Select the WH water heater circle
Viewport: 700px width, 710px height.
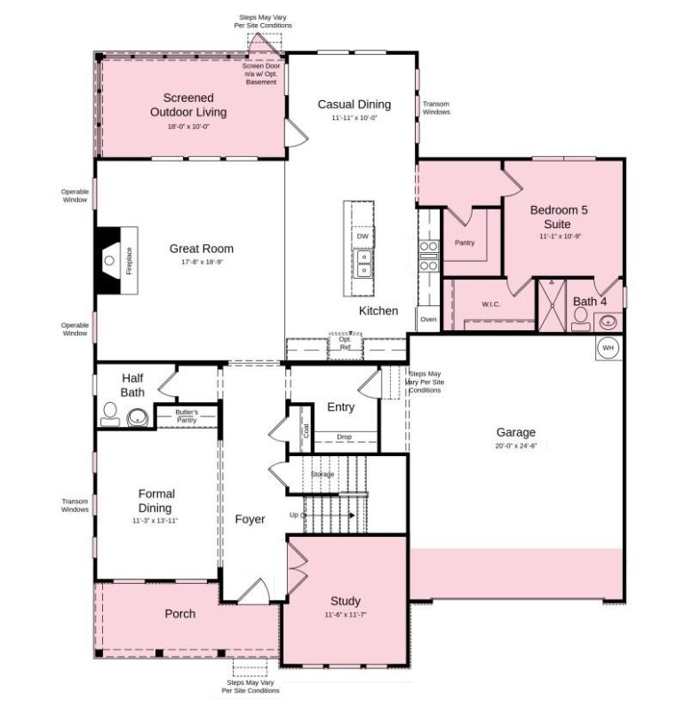[609, 347]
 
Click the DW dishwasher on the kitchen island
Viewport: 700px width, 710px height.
[361, 237]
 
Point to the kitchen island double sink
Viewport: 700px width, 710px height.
[362, 263]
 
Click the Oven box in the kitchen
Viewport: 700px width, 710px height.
[428, 319]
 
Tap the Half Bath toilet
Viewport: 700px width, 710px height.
[110, 414]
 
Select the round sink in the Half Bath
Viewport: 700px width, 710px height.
[138, 416]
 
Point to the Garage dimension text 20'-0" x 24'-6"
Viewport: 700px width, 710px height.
[515, 446]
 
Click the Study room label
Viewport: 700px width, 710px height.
[346, 600]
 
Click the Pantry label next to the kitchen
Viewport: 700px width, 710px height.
[464, 242]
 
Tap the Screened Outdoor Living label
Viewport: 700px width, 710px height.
[187, 105]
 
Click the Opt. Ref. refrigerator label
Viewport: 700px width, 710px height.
[346, 343]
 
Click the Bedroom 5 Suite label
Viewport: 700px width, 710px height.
[559, 217]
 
